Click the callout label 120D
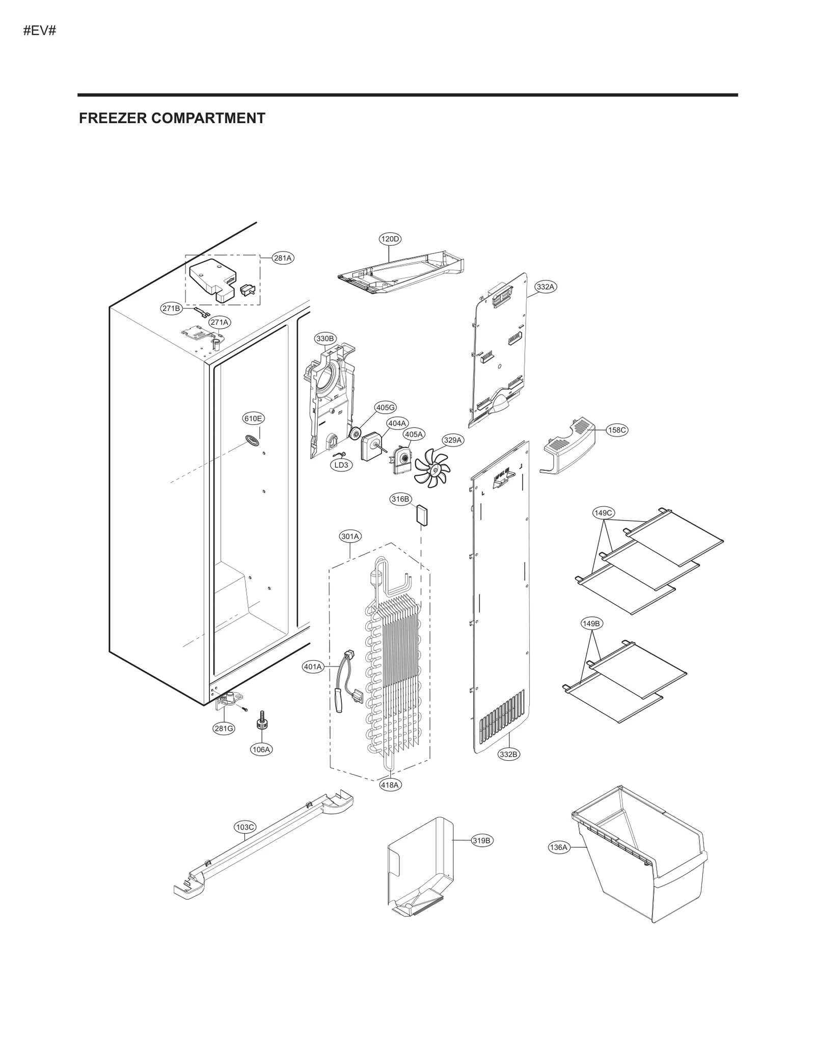point(390,239)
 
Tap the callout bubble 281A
point(283,258)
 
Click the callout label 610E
point(253,418)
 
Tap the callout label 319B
point(481,840)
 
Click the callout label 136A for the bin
point(558,847)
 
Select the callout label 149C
point(604,512)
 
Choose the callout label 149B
point(592,623)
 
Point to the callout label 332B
point(508,768)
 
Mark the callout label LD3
point(341,465)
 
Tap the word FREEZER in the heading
point(113,118)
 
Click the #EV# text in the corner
point(40,31)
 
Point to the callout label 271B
point(171,308)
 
